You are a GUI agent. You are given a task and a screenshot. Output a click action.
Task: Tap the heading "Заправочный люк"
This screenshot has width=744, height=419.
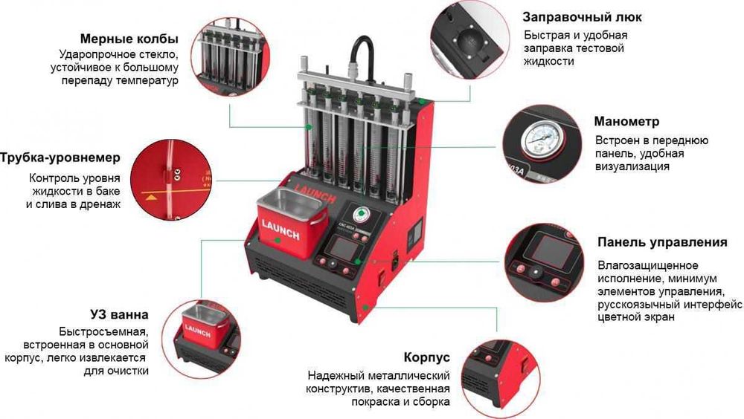582,17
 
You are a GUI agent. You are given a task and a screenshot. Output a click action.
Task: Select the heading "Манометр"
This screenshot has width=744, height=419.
626,121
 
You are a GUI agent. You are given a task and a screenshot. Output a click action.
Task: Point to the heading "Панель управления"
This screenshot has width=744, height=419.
662,242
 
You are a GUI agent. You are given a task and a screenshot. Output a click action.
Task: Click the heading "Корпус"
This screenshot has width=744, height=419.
426,357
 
